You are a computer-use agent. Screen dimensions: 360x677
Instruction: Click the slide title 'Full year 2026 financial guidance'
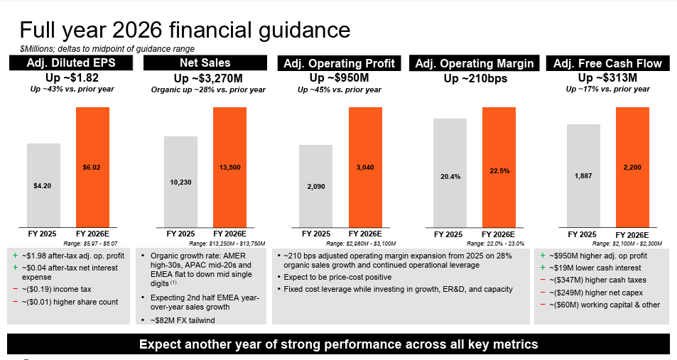pyautogui.click(x=184, y=30)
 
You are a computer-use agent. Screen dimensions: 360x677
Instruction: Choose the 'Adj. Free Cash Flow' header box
pyautogui.click(x=608, y=63)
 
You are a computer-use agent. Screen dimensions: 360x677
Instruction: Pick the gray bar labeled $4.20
pyautogui.click(x=43, y=184)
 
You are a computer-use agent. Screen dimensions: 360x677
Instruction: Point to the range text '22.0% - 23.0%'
pyautogui.click(x=497, y=244)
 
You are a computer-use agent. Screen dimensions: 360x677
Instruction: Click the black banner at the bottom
pyautogui.click(x=338, y=344)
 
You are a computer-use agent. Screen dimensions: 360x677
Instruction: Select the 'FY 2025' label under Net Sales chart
pyautogui.click(x=180, y=233)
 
